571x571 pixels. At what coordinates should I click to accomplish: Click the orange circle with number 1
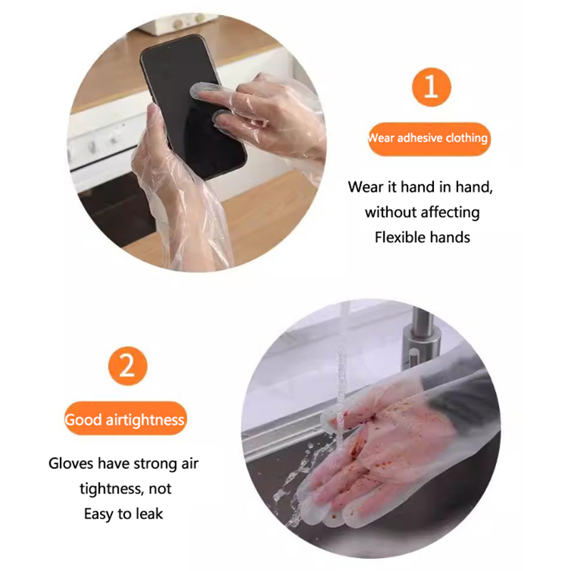(x=431, y=87)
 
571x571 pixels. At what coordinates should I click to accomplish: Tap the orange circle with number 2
(x=128, y=366)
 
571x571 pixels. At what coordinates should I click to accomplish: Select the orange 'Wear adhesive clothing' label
(x=429, y=138)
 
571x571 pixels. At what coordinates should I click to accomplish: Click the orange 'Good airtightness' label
(x=125, y=418)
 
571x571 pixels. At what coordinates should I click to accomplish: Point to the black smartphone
(x=193, y=106)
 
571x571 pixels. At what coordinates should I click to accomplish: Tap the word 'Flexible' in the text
(x=400, y=238)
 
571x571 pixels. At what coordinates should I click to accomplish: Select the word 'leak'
(x=149, y=514)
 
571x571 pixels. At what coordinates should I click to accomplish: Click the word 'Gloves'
(x=71, y=463)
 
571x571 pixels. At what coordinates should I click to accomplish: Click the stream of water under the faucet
(x=341, y=393)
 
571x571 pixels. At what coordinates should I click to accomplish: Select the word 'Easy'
(x=98, y=515)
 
